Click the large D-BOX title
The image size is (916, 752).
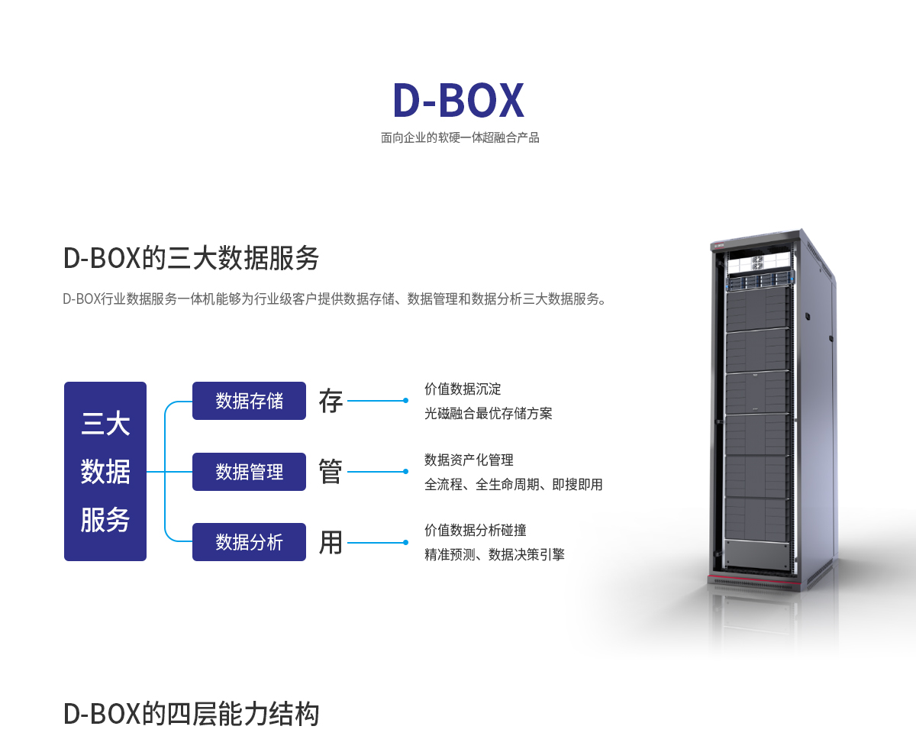(x=458, y=100)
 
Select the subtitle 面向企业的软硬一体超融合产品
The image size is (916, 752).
(x=460, y=138)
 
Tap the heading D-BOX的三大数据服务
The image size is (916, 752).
(x=191, y=258)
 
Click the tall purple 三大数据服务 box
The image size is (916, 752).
(x=105, y=471)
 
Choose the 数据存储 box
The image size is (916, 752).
(x=249, y=401)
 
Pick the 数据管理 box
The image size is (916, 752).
(x=249, y=472)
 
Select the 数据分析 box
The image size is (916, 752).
(x=249, y=542)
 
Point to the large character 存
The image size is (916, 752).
(x=331, y=401)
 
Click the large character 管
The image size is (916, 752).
(x=331, y=472)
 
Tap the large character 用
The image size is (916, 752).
(x=331, y=542)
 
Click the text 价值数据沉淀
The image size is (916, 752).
(x=463, y=389)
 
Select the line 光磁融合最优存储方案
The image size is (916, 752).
(x=488, y=414)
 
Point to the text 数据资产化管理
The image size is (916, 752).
(x=469, y=460)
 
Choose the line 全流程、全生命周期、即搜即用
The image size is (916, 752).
(x=513, y=485)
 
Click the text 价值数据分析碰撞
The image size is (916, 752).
(x=475, y=530)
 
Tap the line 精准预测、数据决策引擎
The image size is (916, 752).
(x=494, y=555)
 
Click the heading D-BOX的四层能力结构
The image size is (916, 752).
(x=191, y=715)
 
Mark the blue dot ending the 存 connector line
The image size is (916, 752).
(x=405, y=400)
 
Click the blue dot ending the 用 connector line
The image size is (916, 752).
(x=405, y=542)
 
